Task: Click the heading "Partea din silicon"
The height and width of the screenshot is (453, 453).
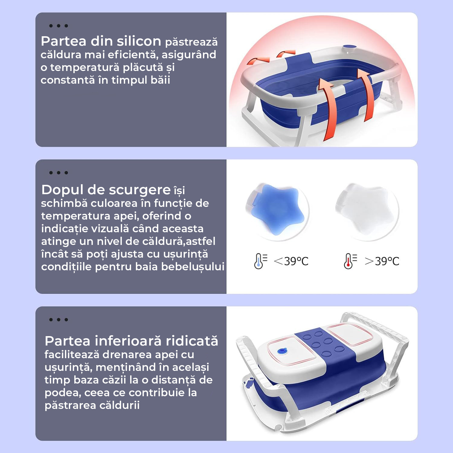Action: point(101,41)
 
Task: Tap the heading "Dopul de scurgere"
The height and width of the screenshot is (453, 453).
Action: point(106,190)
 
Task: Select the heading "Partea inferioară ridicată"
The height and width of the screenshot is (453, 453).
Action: point(131,341)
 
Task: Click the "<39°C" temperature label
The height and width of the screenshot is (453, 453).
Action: point(291,261)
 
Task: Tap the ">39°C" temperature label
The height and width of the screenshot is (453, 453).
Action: point(382,261)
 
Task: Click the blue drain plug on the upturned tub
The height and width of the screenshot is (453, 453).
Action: point(282,351)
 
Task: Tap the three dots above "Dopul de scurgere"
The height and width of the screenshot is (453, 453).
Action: point(59,173)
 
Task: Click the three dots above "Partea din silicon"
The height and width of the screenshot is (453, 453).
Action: point(59,26)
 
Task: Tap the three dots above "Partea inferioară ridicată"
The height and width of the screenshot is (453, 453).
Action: point(59,320)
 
